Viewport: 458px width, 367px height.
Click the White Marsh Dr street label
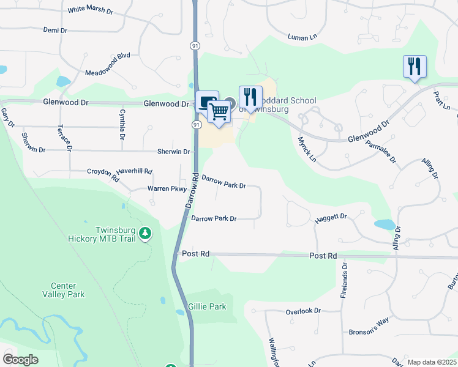click(x=91, y=10)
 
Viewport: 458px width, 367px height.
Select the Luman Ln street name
click(x=304, y=37)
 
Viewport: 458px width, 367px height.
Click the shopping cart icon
click(x=219, y=111)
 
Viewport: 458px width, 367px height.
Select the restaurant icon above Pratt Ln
click(x=415, y=66)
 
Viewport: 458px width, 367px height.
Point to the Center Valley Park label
click(x=67, y=290)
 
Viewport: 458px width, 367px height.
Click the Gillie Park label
click(x=208, y=306)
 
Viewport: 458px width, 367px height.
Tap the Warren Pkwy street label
click(x=167, y=189)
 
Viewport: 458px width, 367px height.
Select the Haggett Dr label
click(x=331, y=217)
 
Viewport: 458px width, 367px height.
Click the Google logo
click(x=20, y=360)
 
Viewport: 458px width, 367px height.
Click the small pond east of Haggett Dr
click(x=385, y=224)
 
